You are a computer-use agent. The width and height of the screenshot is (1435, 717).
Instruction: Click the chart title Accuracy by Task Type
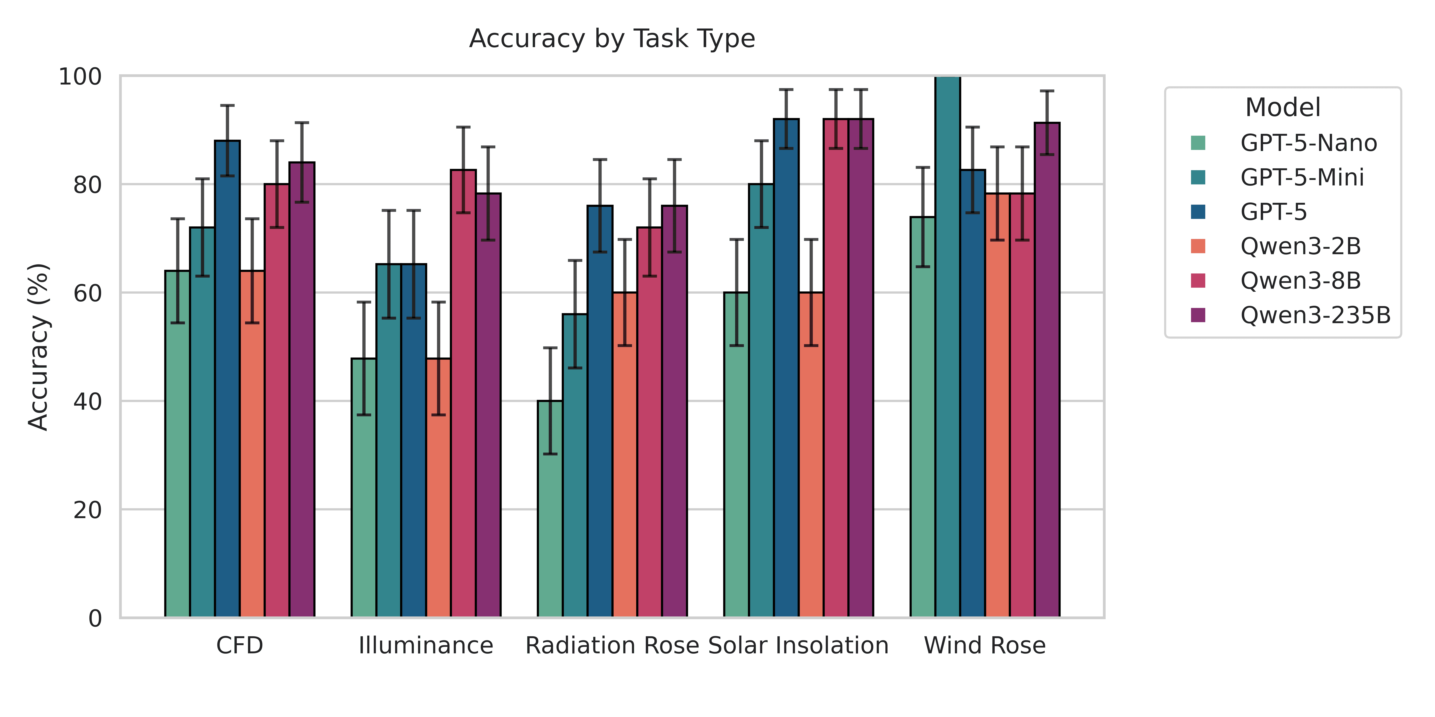coord(612,39)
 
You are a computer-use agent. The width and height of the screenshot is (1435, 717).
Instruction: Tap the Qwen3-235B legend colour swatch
coord(1198,315)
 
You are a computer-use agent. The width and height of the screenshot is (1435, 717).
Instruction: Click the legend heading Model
coord(1282,107)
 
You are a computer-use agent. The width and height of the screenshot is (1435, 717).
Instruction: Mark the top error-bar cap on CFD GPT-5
coord(227,105)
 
